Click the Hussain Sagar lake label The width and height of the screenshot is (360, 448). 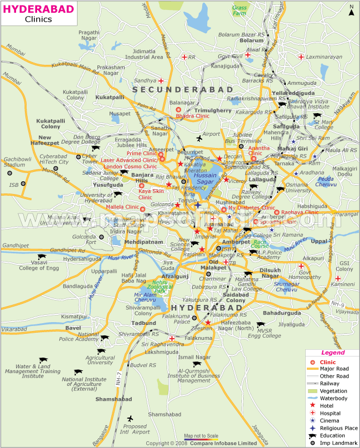205,179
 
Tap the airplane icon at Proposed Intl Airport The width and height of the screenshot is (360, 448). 131,418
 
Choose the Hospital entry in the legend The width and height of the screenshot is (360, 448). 330,413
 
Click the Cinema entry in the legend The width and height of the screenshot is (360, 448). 329,420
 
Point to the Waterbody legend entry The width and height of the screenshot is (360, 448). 333,398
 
